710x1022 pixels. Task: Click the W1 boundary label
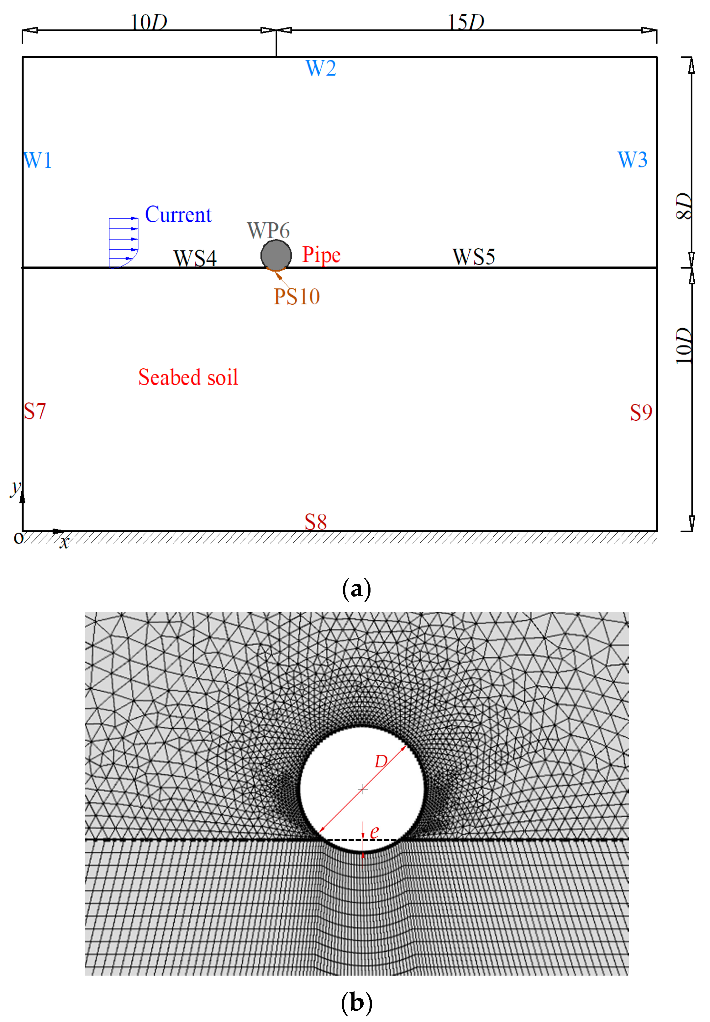coord(38,160)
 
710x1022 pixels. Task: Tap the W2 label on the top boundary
coord(321,68)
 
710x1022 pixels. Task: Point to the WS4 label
coord(195,258)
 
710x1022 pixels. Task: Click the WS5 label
coord(473,257)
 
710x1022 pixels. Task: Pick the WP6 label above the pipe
coord(268,230)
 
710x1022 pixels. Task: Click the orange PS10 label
coord(297,296)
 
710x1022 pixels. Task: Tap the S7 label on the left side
coord(35,411)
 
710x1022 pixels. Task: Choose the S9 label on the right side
coord(641,413)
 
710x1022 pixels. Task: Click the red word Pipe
coord(321,255)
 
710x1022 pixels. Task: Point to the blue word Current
coord(178,214)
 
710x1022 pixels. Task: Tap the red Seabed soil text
coord(188,377)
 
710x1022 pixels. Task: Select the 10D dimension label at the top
coord(149,21)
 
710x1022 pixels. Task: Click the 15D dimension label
coord(466,21)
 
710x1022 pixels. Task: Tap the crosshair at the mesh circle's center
coord(363,789)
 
